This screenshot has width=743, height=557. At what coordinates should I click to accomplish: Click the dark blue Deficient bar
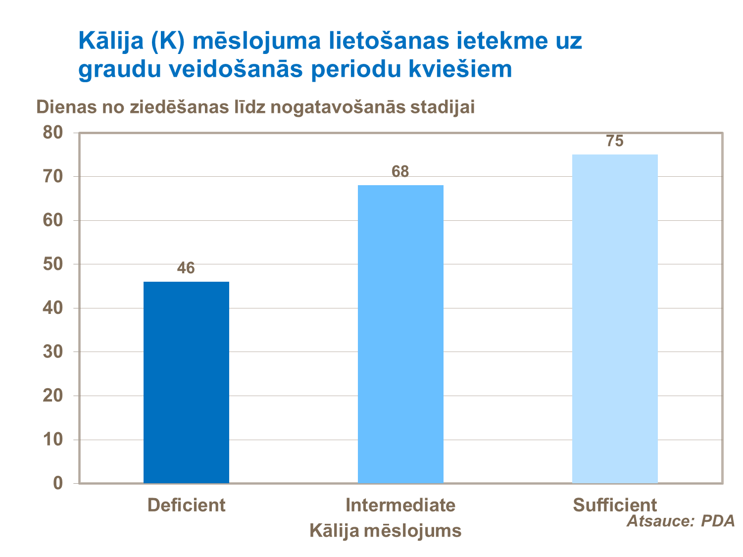tap(186, 382)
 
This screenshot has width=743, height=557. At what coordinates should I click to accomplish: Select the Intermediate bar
tap(400, 334)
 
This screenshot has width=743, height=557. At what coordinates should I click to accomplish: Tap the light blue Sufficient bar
tap(615, 319)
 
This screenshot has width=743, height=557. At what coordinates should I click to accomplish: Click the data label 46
tap(186, 268)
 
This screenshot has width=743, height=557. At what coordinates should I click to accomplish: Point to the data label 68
tap(400, 172)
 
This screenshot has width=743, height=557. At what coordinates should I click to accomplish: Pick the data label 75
tap(615, 142)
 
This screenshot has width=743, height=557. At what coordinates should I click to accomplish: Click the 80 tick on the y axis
tap(53, 133)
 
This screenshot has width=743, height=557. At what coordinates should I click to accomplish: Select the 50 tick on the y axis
tap(53, 264)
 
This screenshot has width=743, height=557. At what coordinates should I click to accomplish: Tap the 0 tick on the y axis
tap(58, 483)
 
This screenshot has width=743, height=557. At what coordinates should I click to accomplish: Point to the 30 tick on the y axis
tap(53, 352)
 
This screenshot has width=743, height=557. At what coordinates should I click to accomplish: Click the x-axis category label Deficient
tap(186, 505)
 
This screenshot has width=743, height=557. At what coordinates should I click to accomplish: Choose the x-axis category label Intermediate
tap(400, 505)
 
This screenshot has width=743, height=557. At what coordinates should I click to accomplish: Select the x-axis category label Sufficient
tap(615, 505)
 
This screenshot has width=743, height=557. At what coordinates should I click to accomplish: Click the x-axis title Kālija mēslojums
tap(385, 531)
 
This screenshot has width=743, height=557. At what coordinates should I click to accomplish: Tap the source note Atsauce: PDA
tap(681, 521)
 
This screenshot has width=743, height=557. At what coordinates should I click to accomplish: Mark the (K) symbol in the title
tap(168, 41)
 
